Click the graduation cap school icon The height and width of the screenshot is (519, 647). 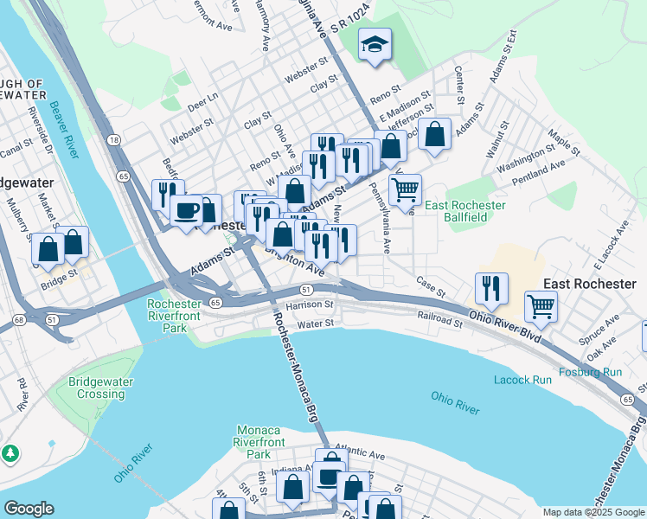(x=375, y=45)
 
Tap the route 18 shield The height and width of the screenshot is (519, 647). (x=114, y=139)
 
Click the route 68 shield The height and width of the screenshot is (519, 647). (x=18, y=321)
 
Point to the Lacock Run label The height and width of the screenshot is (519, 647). (x=522, y=380)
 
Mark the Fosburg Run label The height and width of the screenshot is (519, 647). (x=590, y=372)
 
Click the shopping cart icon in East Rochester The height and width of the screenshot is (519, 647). (x=541, y=305)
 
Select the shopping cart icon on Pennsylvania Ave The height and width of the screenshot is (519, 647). (x=405, y=189)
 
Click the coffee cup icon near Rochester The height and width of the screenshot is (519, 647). (x=186, y=209)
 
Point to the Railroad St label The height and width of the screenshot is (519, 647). (x=440, y=319)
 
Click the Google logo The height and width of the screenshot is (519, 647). (x=29, y=509)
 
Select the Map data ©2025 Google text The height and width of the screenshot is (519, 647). (x=593, y=512)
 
